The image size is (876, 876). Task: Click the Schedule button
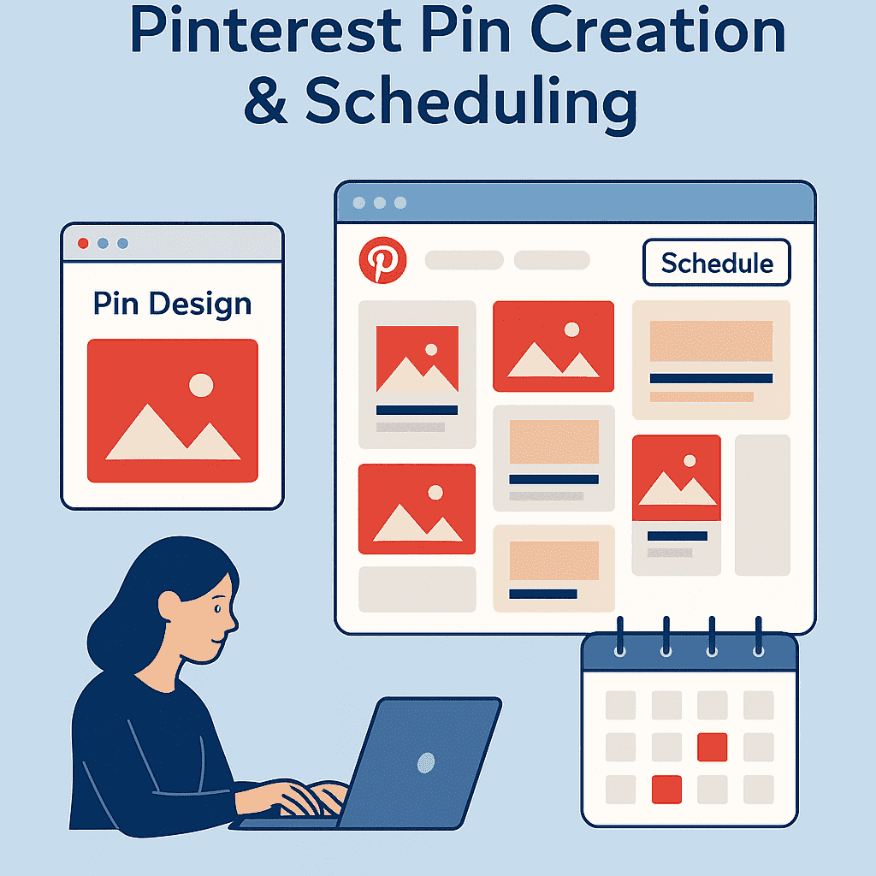(717, 263)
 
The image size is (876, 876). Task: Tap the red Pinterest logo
(382, 260)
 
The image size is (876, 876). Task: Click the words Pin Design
(172, 305)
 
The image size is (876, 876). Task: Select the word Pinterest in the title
(265, 31)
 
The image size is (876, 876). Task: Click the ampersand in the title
(266, 102)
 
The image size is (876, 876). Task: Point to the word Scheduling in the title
(471, 104)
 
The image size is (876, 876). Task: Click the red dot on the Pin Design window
(83, 243)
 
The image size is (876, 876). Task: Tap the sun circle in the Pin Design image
(201, 385)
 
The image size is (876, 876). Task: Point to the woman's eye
(217, 608)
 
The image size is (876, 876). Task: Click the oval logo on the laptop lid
(426, 762)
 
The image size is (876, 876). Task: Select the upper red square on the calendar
(713, 747)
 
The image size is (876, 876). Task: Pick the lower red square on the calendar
(666, 790)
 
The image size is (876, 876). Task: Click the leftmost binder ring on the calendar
(619, 636)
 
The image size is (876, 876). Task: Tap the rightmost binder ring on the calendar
(758, 636)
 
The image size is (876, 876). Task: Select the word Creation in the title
(658, 31)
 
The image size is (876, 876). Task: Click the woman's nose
(234, 622)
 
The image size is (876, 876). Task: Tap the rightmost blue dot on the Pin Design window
(122, 243)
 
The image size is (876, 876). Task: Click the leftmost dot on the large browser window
(359, 203)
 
